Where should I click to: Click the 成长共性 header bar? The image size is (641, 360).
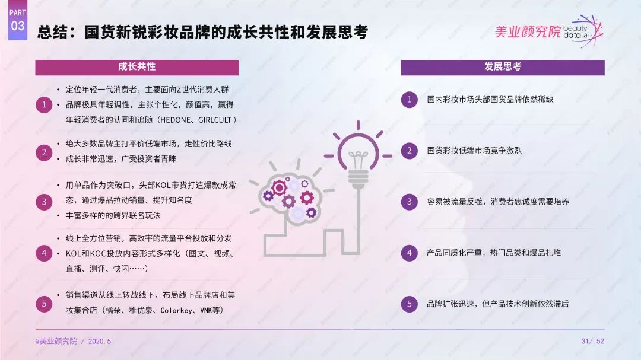(x=137, y=67)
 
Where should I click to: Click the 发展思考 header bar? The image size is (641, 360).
(x=502, y=67)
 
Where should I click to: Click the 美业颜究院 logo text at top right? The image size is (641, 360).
(x=528, y=31)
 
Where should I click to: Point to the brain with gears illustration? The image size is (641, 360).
(x=290, y=194)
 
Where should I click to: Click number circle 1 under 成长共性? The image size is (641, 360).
(x=44, y=105)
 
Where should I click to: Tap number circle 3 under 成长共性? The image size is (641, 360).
(x=44, y=202)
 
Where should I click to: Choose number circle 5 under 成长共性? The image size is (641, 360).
(x=44, y=304)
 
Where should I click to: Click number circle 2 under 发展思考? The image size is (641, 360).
(x=409, y=151)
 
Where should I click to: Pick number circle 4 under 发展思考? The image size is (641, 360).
(x=409, y=253)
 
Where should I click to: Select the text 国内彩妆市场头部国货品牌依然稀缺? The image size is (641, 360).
(x=490, y=100)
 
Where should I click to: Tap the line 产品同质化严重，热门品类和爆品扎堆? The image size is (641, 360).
(x=493, y=253)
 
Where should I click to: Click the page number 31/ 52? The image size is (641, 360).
(x=593, y=341)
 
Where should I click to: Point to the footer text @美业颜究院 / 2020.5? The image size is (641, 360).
(x=73, y=341)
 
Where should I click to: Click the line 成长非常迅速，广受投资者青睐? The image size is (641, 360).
(x=121, y=159)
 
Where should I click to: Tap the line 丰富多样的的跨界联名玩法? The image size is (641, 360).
(x=113, y=215)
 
